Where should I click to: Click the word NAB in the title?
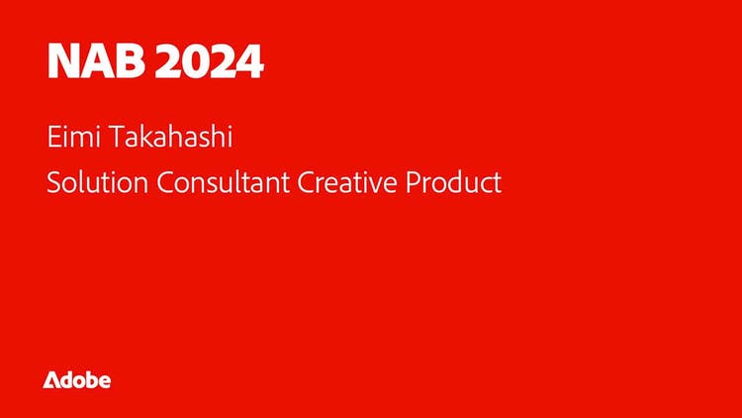point(96,61)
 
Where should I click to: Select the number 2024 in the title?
point(209,61)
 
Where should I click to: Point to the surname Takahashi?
point(171,137)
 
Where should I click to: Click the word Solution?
point(98,182)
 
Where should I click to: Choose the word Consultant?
point(223,182)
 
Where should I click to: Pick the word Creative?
point(347,182)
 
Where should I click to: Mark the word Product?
point(453,182)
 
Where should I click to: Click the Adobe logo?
point(76,380)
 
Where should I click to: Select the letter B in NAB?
point(130,61)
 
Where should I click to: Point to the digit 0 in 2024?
point(194,61)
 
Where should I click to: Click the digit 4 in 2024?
point(249,61)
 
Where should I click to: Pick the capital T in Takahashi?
point(118,137)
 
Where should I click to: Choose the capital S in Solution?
point(54,183)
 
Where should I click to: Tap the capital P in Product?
point(413,183)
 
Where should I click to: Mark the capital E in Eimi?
point(53,137)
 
